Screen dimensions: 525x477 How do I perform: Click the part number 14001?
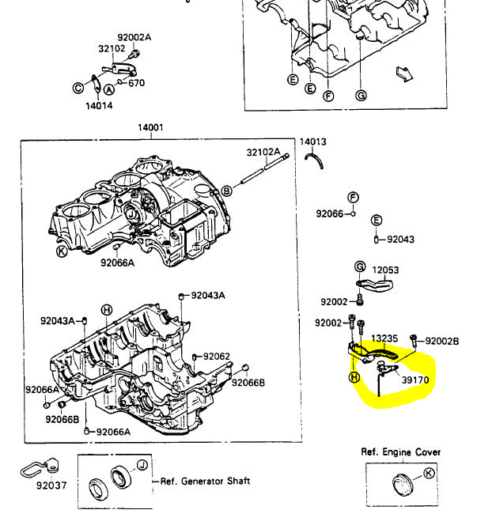click(x=150, y=128)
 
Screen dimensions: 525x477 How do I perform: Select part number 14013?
click(x=312, y=142)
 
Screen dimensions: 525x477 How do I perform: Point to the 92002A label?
click(x=134, y=37)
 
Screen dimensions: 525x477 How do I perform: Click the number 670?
click(x=136, y=83)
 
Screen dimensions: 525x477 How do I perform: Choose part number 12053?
click(x=386, y=270)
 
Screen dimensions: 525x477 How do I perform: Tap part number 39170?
click(x=415, y=380)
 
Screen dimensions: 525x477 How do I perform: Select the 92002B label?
click(x=442, y=342)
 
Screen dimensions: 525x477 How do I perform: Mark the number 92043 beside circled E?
click(x=400, y=239)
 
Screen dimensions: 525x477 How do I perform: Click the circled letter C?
click(x=78, y=88)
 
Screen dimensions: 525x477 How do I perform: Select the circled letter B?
click(x=226, y=191)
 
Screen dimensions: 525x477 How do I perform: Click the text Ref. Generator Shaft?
click(x=205, y=481)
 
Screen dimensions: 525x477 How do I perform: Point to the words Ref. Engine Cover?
click(x=401, y=452)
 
